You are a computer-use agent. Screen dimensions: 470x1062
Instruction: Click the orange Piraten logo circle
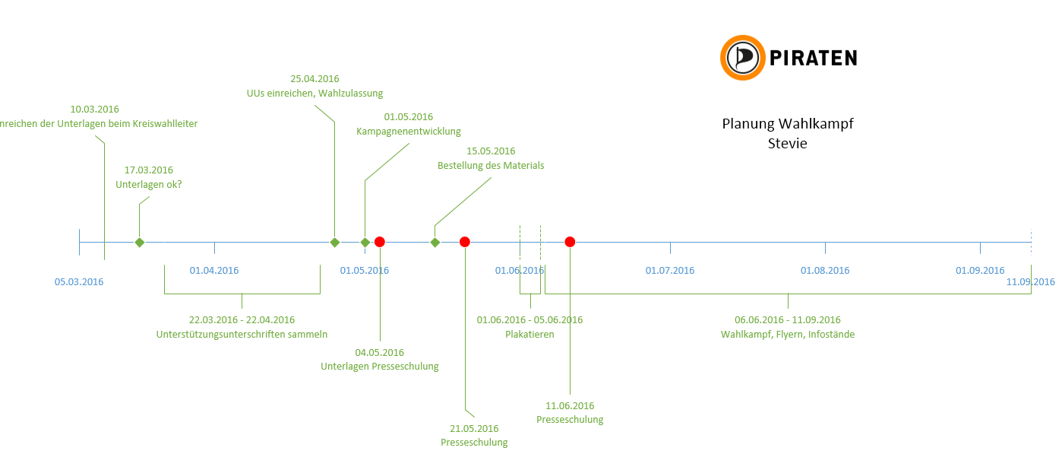click(742, 58)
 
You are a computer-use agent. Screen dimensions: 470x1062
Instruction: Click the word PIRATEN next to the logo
click(813, 58)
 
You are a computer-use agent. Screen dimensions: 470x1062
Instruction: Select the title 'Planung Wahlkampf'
click(787, 124)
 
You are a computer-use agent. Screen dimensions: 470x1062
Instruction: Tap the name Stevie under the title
click(787, 143)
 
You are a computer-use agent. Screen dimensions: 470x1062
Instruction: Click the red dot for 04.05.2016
click(380, 242)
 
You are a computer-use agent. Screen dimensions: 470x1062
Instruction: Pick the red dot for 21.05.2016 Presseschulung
click(465, 242)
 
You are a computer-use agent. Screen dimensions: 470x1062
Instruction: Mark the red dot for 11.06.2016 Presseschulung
click(570, 242)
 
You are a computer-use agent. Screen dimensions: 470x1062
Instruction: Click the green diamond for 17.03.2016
click(139, 242)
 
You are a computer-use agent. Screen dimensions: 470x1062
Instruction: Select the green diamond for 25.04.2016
click(334, 242)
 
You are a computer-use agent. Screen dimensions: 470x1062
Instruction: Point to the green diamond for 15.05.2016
click(435, 242)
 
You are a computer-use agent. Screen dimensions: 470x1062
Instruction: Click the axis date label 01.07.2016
click(670, 270)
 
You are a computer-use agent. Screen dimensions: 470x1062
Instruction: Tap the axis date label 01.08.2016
click(825, 270)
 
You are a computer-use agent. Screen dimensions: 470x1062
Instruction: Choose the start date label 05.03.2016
click(79, 282)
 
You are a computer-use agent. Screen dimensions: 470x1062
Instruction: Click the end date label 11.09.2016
click(1030, 282)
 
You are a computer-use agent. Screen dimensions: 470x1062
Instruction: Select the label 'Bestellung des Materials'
click(491, 166)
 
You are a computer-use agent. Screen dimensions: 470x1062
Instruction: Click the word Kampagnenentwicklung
click(409, 132)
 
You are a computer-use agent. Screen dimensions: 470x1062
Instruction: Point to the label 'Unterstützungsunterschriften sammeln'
click(242, 334)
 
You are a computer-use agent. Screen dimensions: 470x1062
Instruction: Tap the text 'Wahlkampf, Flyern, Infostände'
click(788, 334)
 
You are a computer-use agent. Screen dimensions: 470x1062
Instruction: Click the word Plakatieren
click(529, 334)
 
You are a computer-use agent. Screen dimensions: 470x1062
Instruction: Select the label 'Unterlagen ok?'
click(149, 184)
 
